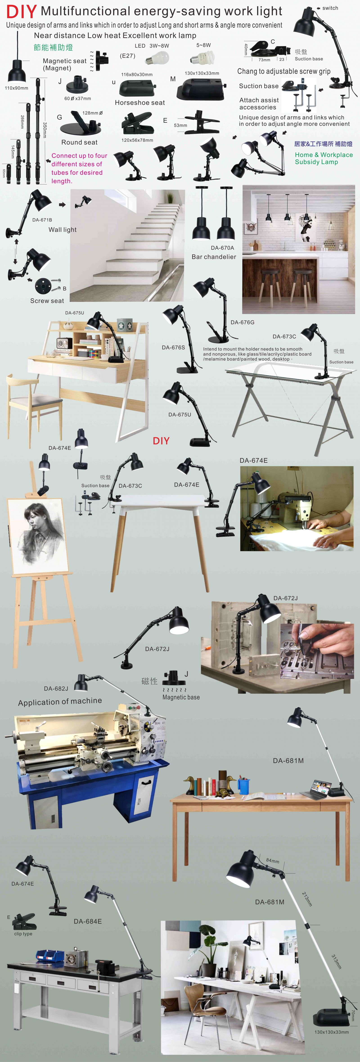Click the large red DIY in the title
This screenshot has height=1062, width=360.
(x=21, y=12)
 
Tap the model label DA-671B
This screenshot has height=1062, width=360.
(x=42, y=220)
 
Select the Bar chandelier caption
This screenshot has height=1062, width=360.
(x=214, y=257)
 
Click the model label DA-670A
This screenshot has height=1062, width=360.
(x=222, y=248)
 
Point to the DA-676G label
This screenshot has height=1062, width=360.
(x=243, y=322)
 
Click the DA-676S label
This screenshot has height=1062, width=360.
(x=173, y=348)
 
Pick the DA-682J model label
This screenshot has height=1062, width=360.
(x=56, y=689)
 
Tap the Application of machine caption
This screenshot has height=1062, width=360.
(x=60, y=701)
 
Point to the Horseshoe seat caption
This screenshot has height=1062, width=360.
(x=140, y=103)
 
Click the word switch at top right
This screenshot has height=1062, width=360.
(x=330, y=8)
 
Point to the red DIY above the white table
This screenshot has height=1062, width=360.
(x=161, y=441)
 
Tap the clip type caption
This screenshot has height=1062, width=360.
(x=23, y=934)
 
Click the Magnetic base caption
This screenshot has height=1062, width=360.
(x=181, y=697)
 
